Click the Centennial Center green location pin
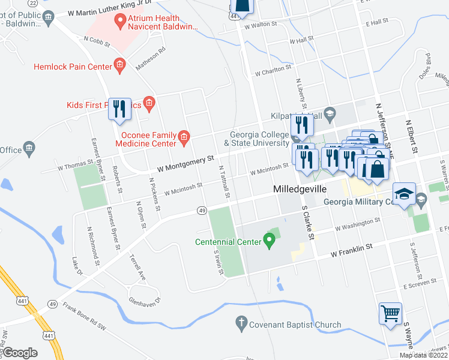pyautogui.click(x=270, y=241)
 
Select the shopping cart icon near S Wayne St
pyautogui.click(x=390, y=314)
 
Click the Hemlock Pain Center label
pyautogui.click(x=73, y=66)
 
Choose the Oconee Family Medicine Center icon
pyautogui.click(x=184, y=139)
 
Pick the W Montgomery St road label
pyautogui.click(x=185, y=163)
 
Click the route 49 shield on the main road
pyautogui.click(x=202, y=210)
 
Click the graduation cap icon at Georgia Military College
pyautogui.click(x=403, y=194)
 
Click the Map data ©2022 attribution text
pyautogui.click(x=424, y=355)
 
